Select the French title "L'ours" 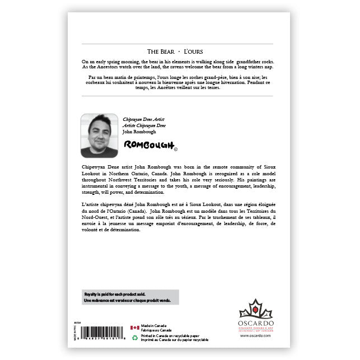point(194,50)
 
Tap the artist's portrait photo point(99,135)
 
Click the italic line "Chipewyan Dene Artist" point(144,120)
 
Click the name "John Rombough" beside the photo point(140,131)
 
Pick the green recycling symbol point(134,338)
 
